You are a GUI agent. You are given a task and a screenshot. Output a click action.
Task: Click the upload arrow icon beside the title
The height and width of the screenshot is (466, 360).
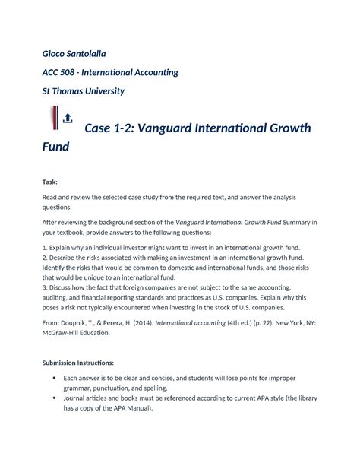[67, 118]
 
